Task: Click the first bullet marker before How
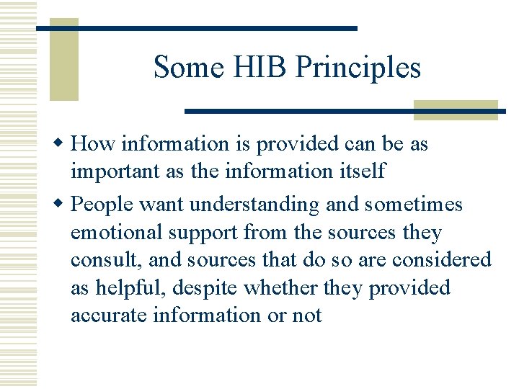[63, 144]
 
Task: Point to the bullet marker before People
[63, 205]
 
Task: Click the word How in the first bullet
[94, 144]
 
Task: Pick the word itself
[360, 172]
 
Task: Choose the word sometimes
[414, 205]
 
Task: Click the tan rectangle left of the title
[63, 61]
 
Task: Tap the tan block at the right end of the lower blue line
[456, 110]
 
